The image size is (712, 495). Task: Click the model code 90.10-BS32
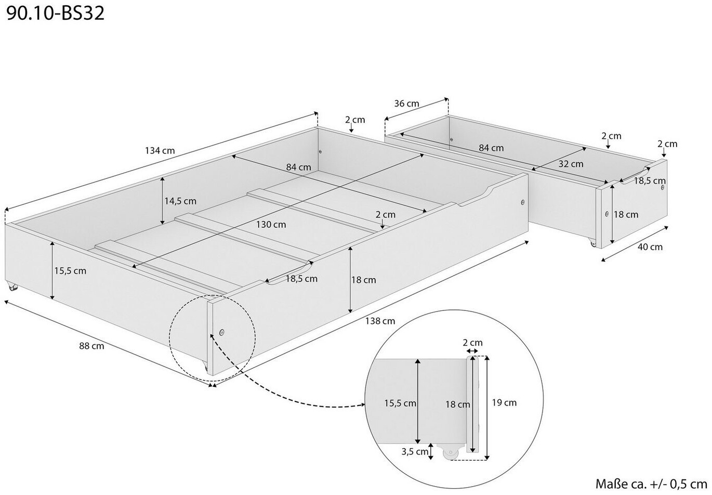[x=56, y=12]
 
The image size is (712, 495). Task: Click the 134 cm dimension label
[x=160, y=151]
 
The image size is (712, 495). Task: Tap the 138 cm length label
[x=380, y=321]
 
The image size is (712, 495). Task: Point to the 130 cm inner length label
[x=271, y=225]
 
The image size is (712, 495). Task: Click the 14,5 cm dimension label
[x=180, y=201]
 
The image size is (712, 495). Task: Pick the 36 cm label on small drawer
[x=406, y=103]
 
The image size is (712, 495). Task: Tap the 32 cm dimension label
[x=571, y=164]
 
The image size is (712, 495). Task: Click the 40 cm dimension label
[x=650, y=247]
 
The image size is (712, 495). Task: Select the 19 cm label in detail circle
[x=504, y=402]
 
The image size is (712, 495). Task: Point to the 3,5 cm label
[x=415, y=452]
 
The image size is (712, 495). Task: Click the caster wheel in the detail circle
[x=450, y=453]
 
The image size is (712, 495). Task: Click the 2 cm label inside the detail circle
[x=472, y=343]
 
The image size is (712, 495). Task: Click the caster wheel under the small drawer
[x=592, y=243]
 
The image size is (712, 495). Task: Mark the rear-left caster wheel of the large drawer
[x=12, y=286]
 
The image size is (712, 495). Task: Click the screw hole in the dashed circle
[x=222, y=332]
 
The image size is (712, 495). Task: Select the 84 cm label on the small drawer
[x=491, y=148]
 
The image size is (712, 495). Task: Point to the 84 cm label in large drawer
[x=298, y=167]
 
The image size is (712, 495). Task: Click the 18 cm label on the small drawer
[x=626, y=214]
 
